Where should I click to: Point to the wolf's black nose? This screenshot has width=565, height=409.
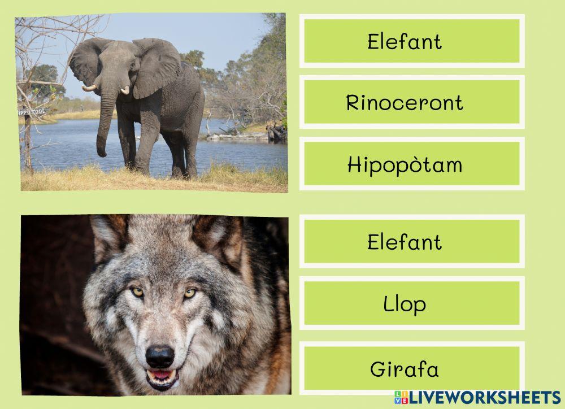[x=160, y=356]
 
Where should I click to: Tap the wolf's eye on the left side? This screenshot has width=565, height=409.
[x=137, y=291]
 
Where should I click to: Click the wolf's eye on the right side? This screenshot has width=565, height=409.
[x=190, y=293]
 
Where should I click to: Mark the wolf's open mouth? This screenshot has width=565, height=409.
[x=162, y=377]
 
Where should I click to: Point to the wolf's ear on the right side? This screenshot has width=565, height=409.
[x=220, y=237]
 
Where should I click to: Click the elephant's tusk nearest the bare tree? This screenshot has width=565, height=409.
[x=89, y=88]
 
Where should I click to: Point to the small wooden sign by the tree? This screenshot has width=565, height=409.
[x=32, y=112]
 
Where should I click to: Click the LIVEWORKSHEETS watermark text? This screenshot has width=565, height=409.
[x=484, y=397]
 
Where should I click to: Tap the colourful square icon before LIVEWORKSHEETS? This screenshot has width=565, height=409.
[x=401, y=397]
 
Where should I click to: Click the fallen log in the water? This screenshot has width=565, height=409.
[x=237, y=136]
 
